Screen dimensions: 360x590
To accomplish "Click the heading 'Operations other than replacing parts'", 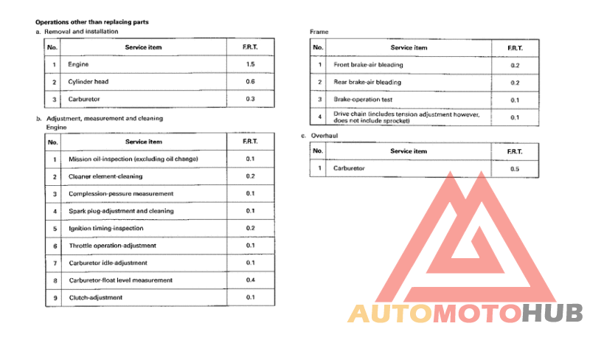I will coord(92,22).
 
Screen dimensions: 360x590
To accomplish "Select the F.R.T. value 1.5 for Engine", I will coord(250,65).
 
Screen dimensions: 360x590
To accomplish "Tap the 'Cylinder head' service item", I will coord(88,82).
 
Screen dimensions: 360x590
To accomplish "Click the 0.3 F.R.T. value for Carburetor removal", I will coord(250,99).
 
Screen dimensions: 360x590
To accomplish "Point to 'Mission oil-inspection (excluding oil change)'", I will coord(133,159).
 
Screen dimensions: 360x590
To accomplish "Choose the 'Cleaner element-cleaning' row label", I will coord(105,176).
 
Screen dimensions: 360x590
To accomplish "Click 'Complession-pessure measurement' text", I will coord(121,193).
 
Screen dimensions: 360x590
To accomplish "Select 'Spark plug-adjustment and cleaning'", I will coord(122,211).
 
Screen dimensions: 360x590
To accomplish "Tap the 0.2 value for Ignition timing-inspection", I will coord(250,229).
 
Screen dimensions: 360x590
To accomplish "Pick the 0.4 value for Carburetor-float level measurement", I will coord(250,280).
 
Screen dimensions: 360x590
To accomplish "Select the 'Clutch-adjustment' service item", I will coord(96,297).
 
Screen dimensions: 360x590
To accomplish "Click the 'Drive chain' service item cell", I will coord(406,117).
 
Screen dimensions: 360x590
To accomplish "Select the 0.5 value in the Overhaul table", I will coord(514,169).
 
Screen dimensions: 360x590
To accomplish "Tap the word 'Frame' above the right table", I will coord(319,32).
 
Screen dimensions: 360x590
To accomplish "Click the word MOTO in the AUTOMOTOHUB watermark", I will coord(476,314).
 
